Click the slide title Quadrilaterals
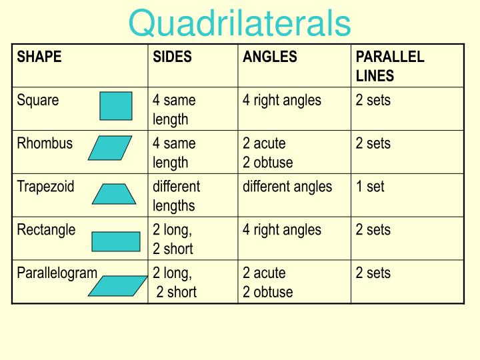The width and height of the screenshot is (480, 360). coord(239,24)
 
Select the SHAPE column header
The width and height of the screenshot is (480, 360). coord(39,57)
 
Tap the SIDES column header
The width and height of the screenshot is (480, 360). coord(172,57)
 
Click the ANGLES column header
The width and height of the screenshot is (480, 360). coord(269,57)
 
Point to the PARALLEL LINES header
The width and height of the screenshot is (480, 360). coord(389,66)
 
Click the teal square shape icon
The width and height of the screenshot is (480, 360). coord(116,105)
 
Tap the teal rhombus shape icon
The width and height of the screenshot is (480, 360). coord(110,148)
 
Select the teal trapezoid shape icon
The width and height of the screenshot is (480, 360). coord(114,193)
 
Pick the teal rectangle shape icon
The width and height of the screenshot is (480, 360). coord(115,241)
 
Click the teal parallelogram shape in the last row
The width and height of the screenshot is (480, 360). coord(117,285)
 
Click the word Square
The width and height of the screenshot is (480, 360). coord(38,101)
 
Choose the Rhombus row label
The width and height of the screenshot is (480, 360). coord(45,143)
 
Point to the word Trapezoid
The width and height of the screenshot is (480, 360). coord(46,187)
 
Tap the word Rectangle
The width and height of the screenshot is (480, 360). coord(46,230)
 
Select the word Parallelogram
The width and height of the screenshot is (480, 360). coord(57,273)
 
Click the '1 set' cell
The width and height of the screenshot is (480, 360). coord(370,187)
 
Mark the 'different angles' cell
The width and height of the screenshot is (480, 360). coord(287,187)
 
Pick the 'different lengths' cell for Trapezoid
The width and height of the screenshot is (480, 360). coord(176,195)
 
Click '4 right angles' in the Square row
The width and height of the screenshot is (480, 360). coord(281,101)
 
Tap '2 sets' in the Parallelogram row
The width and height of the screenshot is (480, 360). coord(373,273)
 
